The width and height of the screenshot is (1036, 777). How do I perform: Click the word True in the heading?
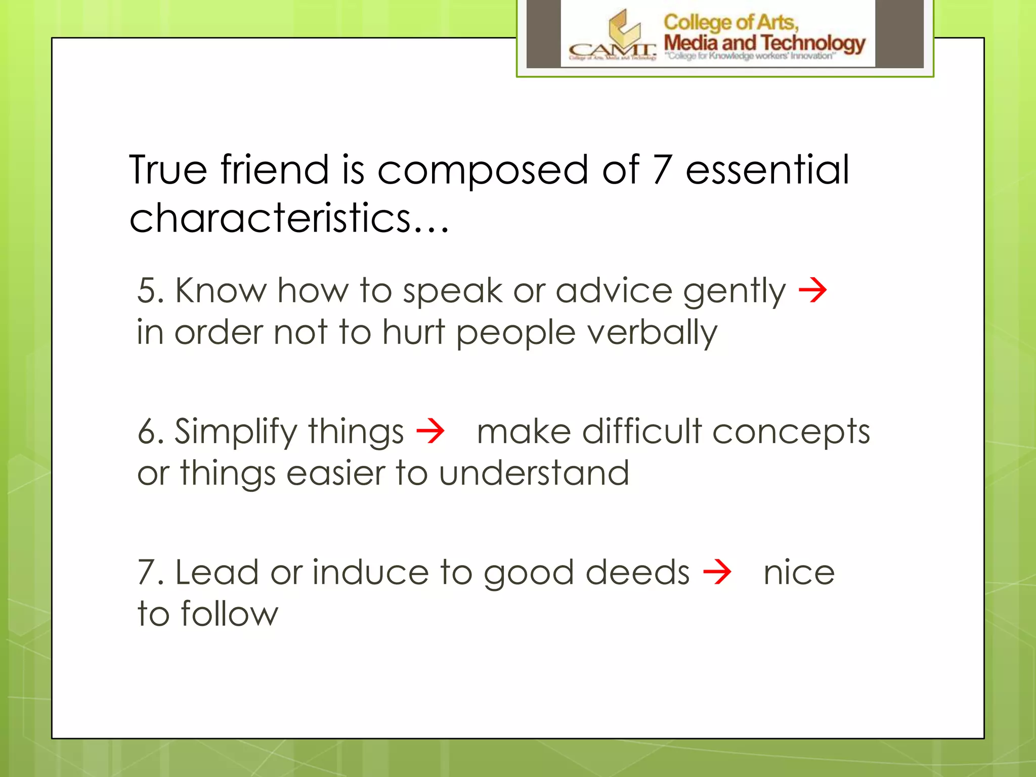click(168, 170)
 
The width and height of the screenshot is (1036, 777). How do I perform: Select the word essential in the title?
click(767, 170)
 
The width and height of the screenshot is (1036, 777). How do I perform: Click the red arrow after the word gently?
click(812, 291)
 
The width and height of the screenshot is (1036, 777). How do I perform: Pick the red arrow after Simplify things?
click(430, 431)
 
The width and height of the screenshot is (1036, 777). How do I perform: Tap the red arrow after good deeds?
click(717, 572)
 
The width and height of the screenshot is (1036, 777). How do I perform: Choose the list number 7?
click(147, 573)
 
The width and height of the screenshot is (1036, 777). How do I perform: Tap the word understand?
click(534, 473)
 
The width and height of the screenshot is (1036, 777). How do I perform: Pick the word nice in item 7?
click(799, 573)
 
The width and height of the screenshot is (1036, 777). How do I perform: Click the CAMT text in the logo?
click(612, 51)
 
